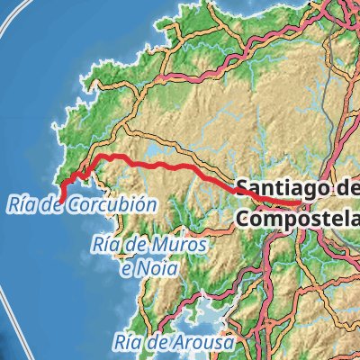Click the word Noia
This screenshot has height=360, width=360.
pos(157,267)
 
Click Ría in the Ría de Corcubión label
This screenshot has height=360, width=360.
pos(19,205)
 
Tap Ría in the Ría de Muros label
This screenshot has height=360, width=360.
pos(108,245)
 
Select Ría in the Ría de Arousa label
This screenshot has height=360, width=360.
pos(130,343)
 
